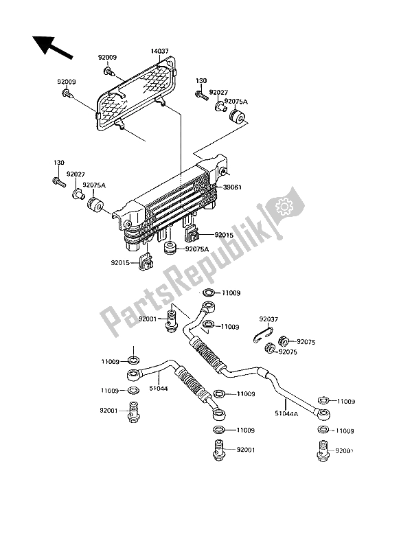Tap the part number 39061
(x=232, y=186)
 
